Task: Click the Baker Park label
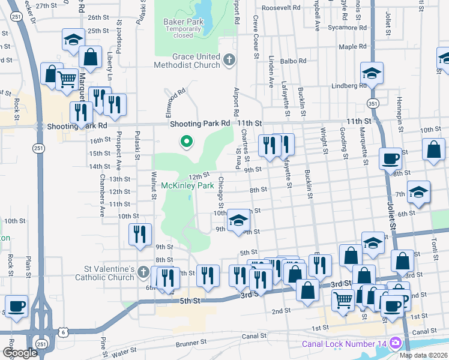(184, 22)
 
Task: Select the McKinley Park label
(188, 186)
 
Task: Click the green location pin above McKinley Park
(187, 142)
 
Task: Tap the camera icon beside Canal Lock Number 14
(395, 343)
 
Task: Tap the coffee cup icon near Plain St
(16, 307)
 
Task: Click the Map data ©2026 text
(424, 355)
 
